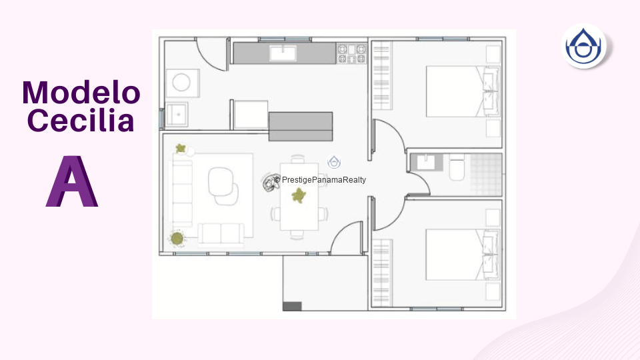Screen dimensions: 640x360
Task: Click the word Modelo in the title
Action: pyautogui.click(x=81, y=92)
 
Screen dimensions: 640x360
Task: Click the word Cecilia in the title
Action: pyautogui.click(x=81, y=120)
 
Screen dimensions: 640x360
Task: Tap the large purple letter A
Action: pyautogui.click(x=72, y=181)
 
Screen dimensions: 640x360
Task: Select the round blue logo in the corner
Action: pyautogui.click(x=583, y=46)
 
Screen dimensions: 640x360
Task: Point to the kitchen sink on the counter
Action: pyautogui.click(x=283, y=53)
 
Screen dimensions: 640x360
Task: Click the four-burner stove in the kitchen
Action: pyautogui.click(x=351, y=53)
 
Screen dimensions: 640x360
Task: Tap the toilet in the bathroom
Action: pyautogui.click(x=457, y=168)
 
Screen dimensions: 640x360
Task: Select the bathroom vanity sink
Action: pyautogui.click(x=427, y=162)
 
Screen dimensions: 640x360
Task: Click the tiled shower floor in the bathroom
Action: pyautogui.click(x=486, y=174)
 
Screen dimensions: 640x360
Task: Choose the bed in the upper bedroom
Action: pyautogui.click(x=463, y=91)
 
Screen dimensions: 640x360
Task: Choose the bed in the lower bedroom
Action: pyautogui.click(x=463, y=255)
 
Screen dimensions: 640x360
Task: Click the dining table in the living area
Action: pyautogui.click(x=299, y=196)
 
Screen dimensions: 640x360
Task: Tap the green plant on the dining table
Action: pyautogui.click(x=299, y=195)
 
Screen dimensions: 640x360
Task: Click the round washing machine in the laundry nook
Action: pyautogui.click(x=181, y=83)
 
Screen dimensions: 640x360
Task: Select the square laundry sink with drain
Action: pyautogui.click(x=177, y=114)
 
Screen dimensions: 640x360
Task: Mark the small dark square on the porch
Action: pyautogui.click(x=292, y=306)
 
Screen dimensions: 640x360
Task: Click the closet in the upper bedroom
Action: pyautogui.click(x=382, y=75)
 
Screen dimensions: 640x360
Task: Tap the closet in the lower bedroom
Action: pyautogui.click(x=382, y=273)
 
